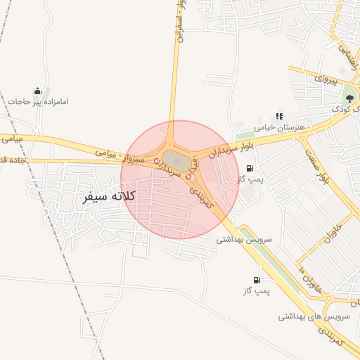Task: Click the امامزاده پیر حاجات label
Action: (38, 102)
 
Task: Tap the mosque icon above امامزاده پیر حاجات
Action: (37, 91)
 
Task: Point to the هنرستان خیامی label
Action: (281, 127)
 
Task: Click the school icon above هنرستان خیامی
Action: (280, 117)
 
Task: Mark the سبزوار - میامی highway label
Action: (121, 155)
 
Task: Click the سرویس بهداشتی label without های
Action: (243, 239)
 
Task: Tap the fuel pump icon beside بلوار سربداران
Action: (250, 168)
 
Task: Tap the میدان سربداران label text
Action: (167, 171)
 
